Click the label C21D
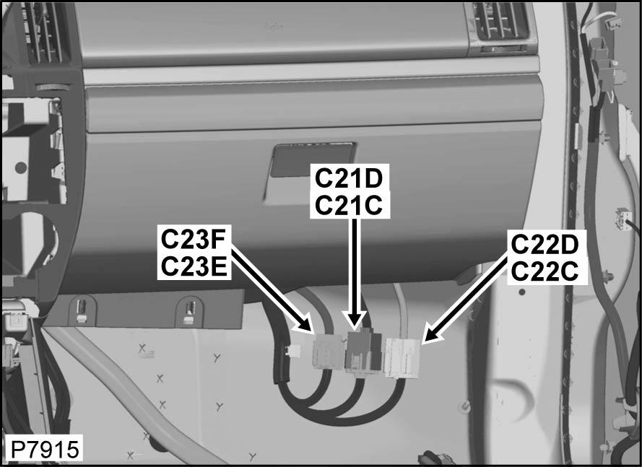[x=349, y=178]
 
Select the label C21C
[x=349, y=205]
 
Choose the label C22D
[x=545, y=245]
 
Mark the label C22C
[x=545, y=271]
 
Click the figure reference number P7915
[x=44, y=450]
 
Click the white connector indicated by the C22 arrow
[x=402, y=357]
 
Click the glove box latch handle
[x=313, y=160]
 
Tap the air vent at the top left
[x=44, y=32]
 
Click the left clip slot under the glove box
[x=82, y=310]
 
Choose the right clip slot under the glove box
[x=190, y=310]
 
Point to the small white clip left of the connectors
[x=293, y=350]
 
